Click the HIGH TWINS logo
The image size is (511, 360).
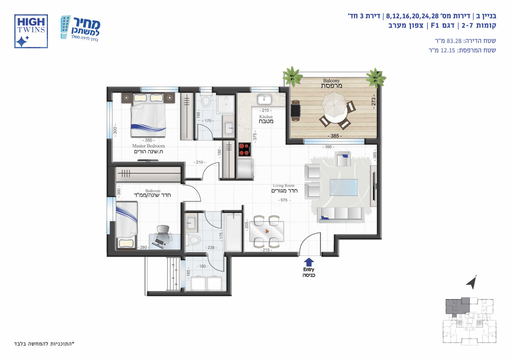tap(31, 31)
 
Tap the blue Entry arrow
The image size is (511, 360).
tap(309, 262)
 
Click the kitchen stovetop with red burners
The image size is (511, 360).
tap(245, 150)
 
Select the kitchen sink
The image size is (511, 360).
tap(264, 100)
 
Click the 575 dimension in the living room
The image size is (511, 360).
tap(284, 200)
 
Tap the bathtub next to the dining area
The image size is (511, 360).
tap(233, 232)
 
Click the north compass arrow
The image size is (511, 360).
tap(471, 282)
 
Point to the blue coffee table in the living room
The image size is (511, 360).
tap(344, 187)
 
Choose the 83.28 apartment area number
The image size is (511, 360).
tap(454, 41)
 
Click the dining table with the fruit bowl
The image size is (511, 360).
tap(267, 231)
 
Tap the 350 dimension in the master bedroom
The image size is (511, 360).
tap(149, 140)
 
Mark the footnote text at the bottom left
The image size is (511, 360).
tap(44, 344)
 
